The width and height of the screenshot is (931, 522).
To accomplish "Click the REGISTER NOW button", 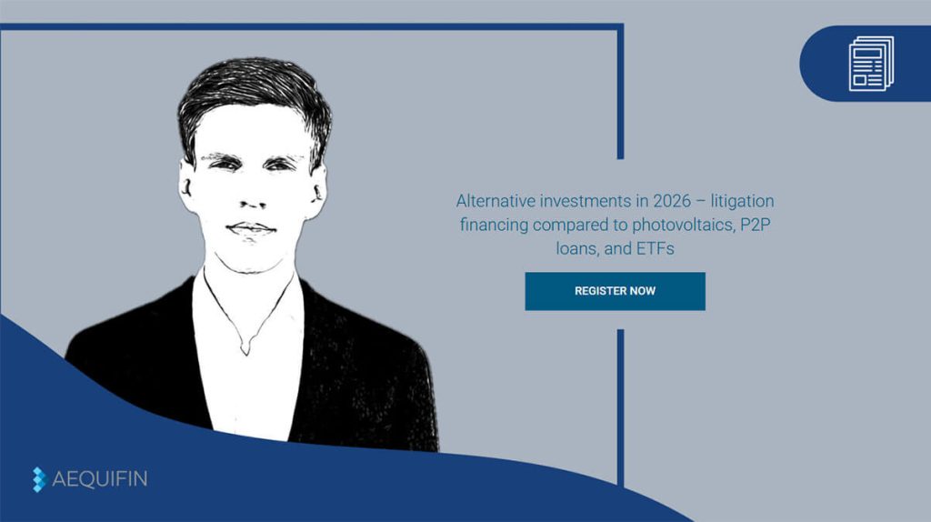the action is [x=615, y=291].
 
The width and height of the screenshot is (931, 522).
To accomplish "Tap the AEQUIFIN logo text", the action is [x=100, y=478].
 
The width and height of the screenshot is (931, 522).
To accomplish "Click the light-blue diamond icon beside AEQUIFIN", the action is [x=38, y=479].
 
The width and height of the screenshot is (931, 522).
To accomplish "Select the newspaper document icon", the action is [x=871, y=64].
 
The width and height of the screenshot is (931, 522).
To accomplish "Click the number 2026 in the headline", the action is [x=672, y=201].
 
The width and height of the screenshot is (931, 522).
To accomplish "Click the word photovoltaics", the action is [x=683, y=225].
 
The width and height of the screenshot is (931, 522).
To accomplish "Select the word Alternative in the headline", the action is [x=496, y=201].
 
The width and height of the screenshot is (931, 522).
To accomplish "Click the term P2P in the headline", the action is [x=756, y=225].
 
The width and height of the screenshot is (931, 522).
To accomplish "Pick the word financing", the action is [x=494, y=225].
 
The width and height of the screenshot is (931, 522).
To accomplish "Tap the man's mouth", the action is [x=251, y=228].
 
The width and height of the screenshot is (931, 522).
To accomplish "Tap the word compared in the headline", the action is [x=571, y=225].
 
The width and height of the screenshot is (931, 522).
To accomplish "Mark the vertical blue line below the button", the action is [x=620, y=408].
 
